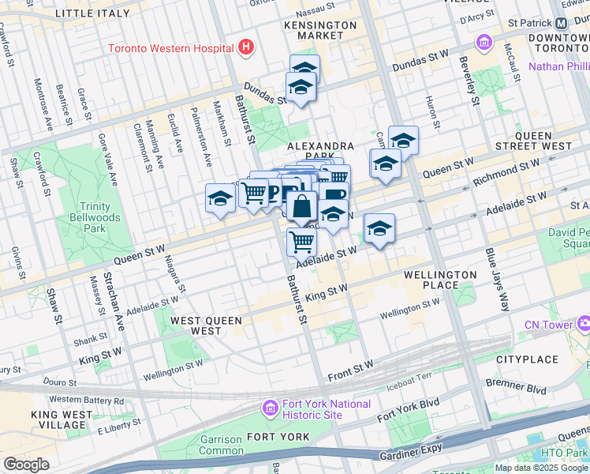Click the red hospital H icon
tap(247, 47)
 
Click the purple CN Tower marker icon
tap(584, 322)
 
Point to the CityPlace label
tap(527, 359)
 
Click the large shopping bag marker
tap(302, 208)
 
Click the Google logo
tap(26, 465)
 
